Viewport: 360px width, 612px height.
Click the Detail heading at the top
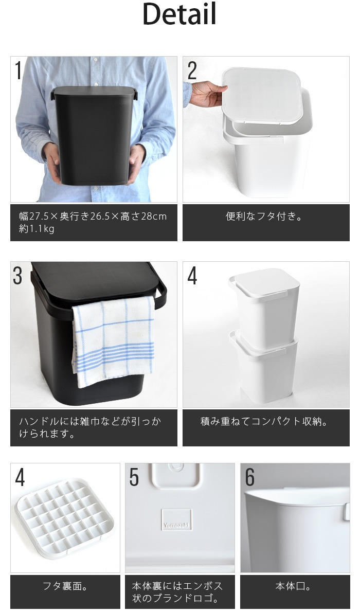tap(179, 14)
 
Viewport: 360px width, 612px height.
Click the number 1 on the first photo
tap(18, 70)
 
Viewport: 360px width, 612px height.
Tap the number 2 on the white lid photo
tap(192, 70)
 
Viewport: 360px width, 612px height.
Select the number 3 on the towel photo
tap(17, 276)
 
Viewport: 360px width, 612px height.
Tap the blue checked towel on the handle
tap(113, 340)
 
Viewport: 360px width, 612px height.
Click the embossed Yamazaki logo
tap(176, 519)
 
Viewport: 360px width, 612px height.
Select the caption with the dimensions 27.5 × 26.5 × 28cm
tap(93, 216)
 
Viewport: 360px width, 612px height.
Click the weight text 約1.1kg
tap(37, 229)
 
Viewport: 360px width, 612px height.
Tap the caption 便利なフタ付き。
tap(264, 216)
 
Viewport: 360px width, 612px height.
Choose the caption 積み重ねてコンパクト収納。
tap(264, 422)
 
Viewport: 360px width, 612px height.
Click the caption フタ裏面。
tap(65, 586)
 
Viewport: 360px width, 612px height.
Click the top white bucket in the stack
tap(265, 307)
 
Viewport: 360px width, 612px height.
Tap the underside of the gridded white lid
tap(65, 518)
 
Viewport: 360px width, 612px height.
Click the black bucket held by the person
tap(94, 135)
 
